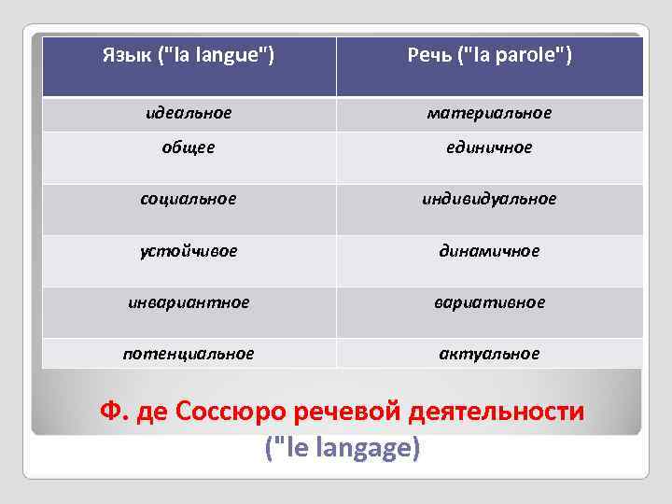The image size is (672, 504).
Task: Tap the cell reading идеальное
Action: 189,113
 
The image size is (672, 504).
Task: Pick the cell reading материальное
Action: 489,113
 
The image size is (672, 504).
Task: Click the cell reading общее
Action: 189,147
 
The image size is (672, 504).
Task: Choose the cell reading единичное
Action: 489,147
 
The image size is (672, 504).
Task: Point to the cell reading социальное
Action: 189,199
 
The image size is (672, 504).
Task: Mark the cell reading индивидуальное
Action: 489,199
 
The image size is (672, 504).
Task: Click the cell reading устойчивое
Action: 189,251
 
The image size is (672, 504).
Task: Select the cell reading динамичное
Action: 489,251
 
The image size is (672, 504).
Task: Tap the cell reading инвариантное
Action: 189,302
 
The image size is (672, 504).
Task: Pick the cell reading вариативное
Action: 489,302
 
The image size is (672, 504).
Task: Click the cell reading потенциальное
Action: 189,354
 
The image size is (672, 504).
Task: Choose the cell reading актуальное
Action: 489,354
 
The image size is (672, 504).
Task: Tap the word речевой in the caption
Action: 341,412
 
